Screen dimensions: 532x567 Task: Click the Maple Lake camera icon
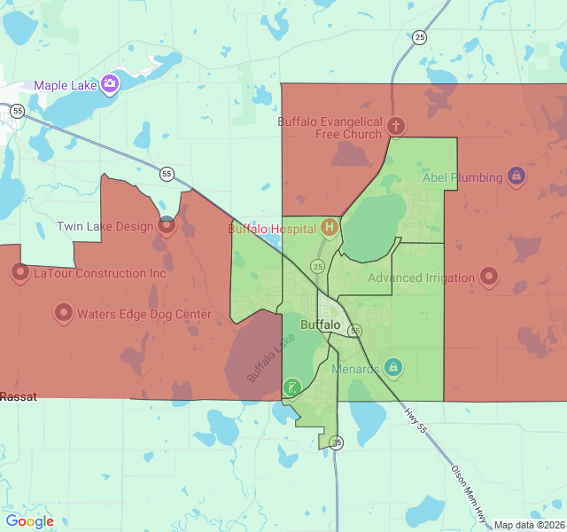(x=110, y=84)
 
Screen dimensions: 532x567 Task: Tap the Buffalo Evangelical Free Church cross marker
(x=396, y=126)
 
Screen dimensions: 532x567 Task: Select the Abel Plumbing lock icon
(x=515, y=176)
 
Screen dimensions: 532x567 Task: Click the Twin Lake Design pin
(x=167, y=225)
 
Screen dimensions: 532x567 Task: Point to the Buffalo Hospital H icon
(x=330, y=228)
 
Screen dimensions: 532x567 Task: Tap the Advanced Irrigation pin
(x=489, y=277)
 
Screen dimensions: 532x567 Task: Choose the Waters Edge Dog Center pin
(x=63, y=312)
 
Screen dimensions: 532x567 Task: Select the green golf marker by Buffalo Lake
(x=291, y=387)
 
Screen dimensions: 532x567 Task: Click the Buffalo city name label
(x=320, y=325)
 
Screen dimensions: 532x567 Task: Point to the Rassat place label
(x=19, y=396)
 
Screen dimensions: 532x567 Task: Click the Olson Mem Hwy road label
(x=470, y=492)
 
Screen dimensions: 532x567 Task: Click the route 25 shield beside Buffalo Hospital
(x=317, y=266)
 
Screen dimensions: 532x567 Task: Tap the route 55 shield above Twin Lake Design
(x=167, y=174)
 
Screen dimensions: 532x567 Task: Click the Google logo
(x=29, y=521)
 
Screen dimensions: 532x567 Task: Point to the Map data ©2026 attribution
(x=528, y=525)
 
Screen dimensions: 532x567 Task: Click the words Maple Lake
(x=66, y=85)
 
